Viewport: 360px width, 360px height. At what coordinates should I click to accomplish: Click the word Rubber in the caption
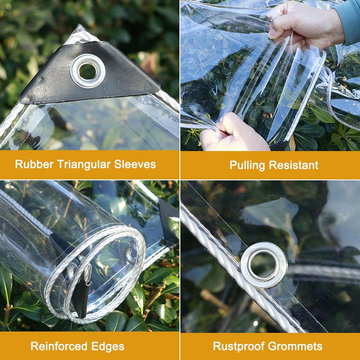click(x=32, y=164)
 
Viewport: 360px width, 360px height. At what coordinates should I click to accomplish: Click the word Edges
click(x=109, y=346)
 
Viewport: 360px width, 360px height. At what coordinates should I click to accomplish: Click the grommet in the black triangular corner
click(x=88, y=71)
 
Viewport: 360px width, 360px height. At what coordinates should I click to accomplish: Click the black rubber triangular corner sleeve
click(x=54, y=81)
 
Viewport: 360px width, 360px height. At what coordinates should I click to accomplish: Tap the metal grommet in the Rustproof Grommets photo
click(x=263, y=264)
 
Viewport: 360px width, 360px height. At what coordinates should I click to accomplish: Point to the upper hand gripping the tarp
click(x=303, y=27)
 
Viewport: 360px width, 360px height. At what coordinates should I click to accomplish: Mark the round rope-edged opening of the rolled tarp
click(x=99, y=273)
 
